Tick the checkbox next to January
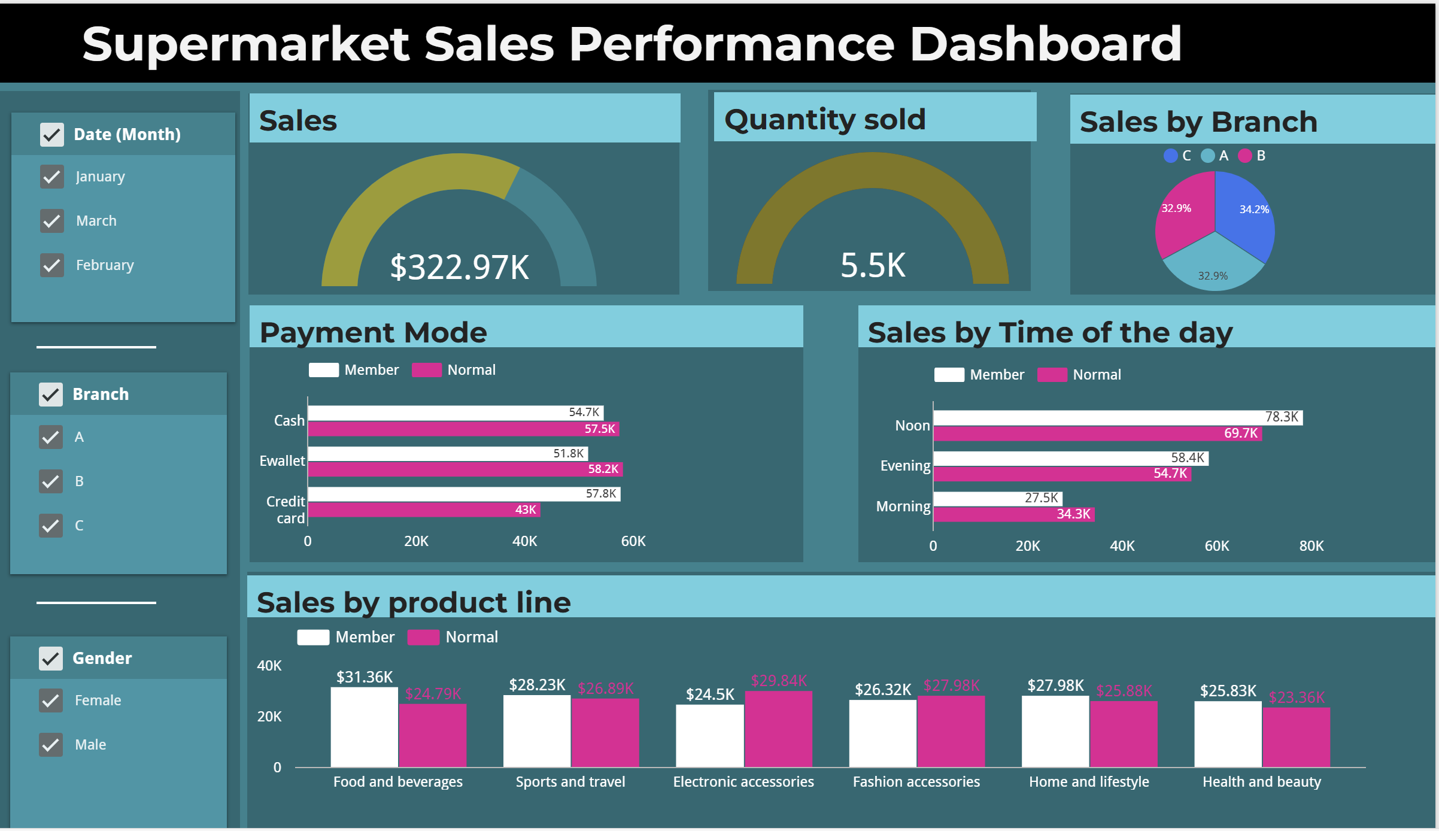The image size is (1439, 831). click(x=52, y=177)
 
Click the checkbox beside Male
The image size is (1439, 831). click(x=51, y=744)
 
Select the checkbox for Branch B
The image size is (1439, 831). click(x=51, y=481)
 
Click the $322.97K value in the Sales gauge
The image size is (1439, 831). click(x=459, y=267)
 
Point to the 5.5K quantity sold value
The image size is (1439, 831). click(x=873, y=265)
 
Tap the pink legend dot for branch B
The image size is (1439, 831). click(x=1245, y=156)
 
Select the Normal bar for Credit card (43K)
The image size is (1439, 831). click(x=424, y=509)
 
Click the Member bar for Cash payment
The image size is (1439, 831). click(x=455, y=413)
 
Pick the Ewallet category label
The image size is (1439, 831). click(x=282, y=461)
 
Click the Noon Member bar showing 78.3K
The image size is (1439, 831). click(x=1117, y=417)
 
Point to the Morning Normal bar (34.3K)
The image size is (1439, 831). click(x=1013, y=514)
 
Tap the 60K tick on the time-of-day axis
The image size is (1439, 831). click(x=1216, y=546)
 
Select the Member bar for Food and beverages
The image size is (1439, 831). click(x=364, y=727)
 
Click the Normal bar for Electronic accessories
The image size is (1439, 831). click(x=778, y=729)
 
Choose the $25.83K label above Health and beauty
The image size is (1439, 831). click(x=1228, y=691)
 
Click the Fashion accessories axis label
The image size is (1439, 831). click(x=916, y=782)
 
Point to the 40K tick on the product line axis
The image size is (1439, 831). click(x=269, y=666)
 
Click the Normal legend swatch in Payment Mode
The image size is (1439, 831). click(x=427, y=370)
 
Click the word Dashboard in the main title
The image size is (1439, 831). click(x=1045, y=44)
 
